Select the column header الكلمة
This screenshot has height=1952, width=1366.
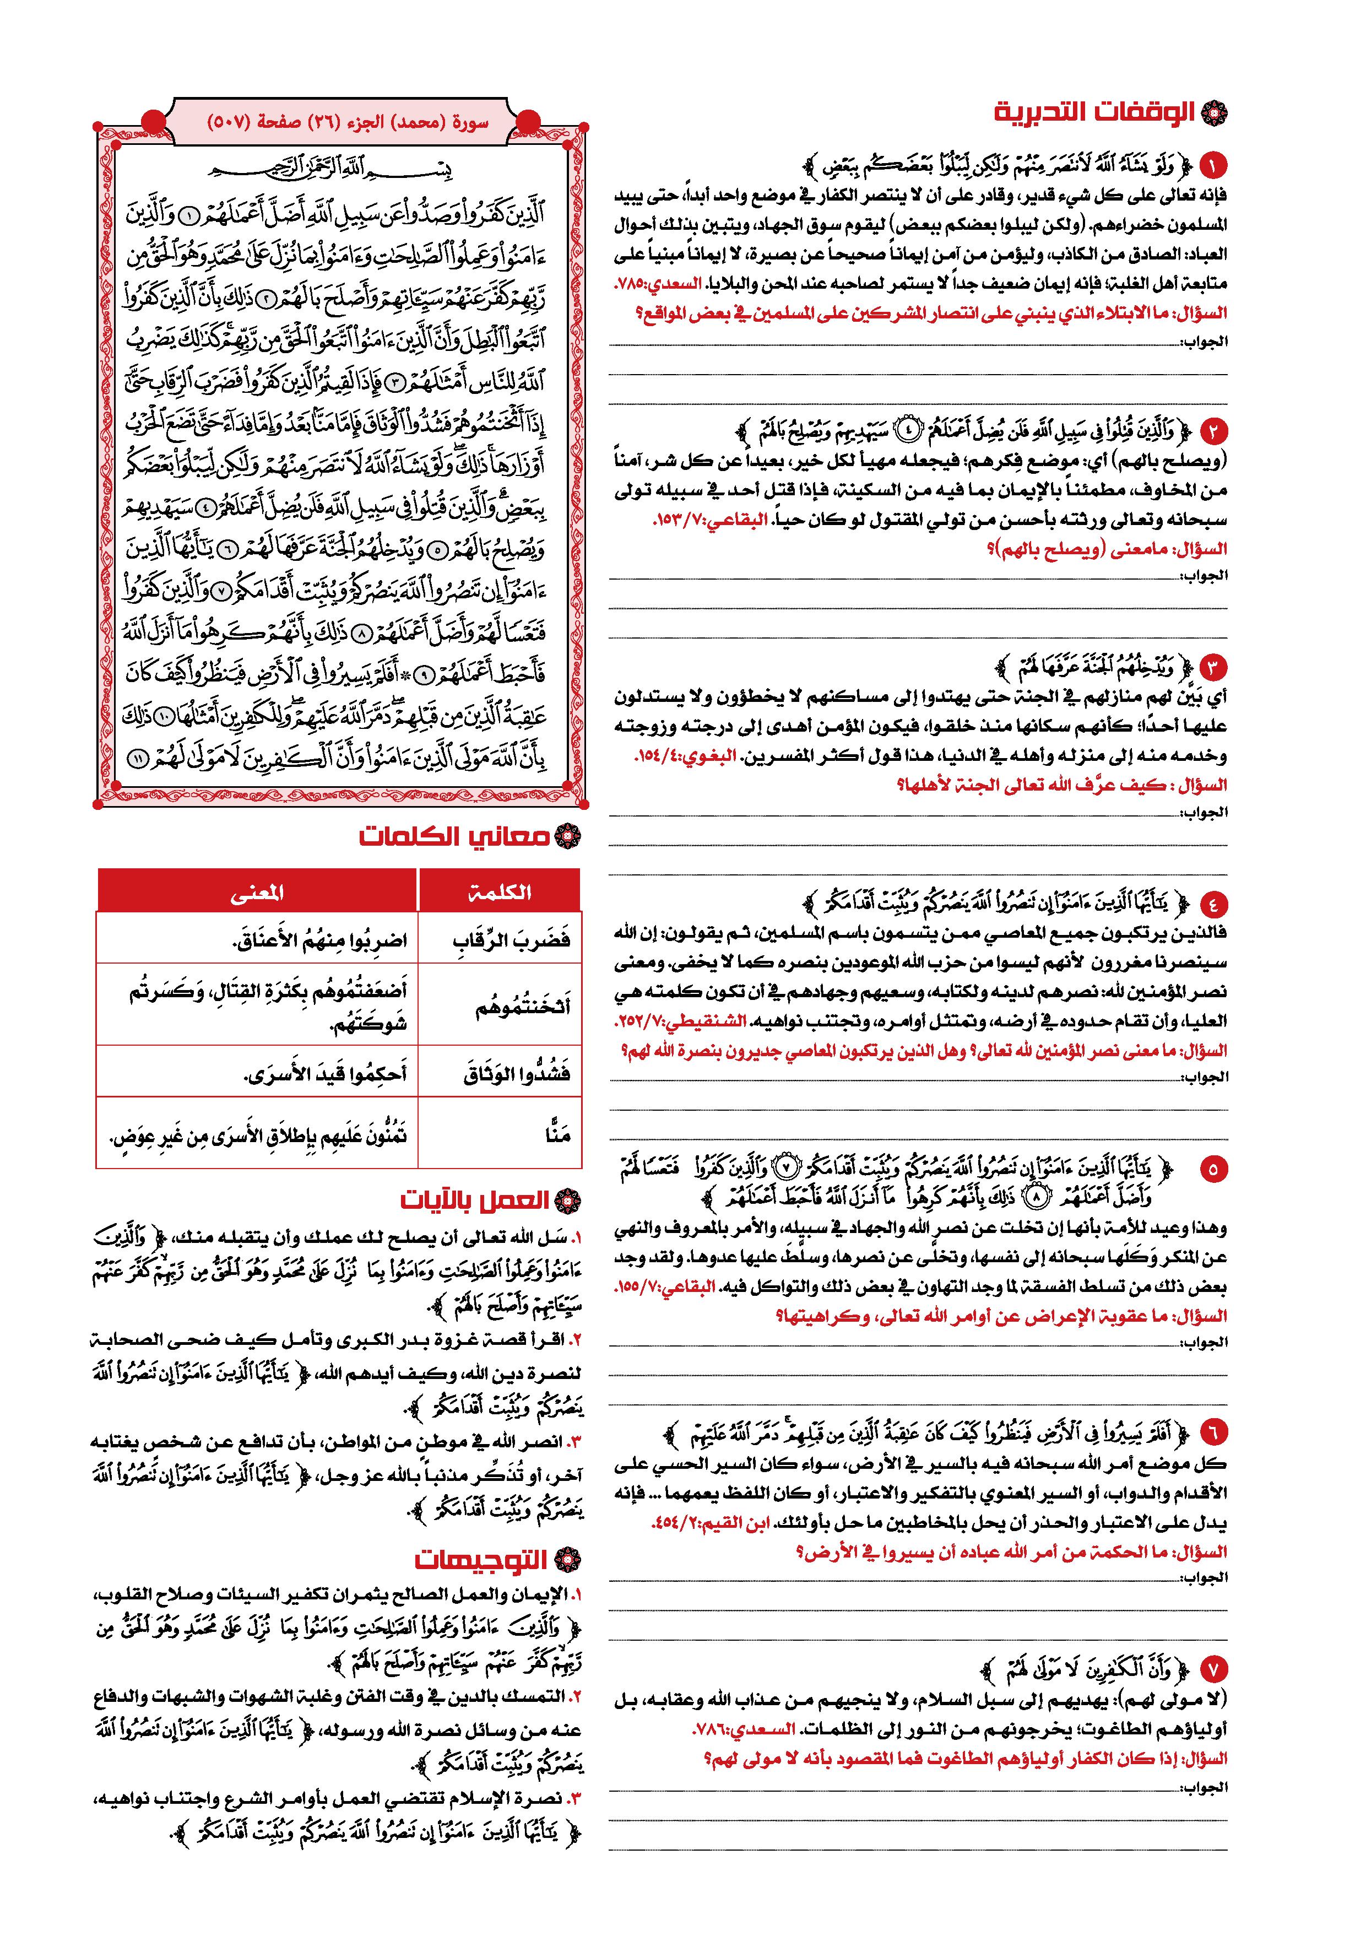tap(499, 891)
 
